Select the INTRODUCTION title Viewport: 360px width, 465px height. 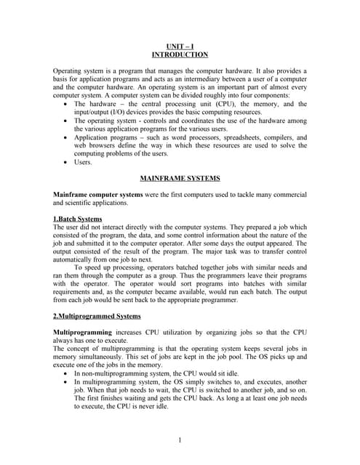pyautogui.click(x=180, y=54)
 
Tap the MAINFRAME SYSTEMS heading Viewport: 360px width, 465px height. pyautogui.click(x=180, y=178)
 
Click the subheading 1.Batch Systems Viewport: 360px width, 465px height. pyautogui.click(x=78, y=219)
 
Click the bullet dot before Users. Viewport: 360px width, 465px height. pyautogui.click(x=66, y=162)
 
